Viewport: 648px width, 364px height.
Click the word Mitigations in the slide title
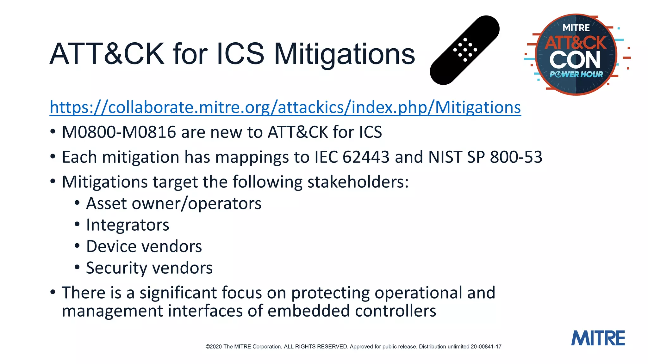point(344,54)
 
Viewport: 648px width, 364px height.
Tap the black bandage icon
point(464,50)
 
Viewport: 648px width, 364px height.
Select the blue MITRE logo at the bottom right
point(598,338)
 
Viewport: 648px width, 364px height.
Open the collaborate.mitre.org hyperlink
point(285,107)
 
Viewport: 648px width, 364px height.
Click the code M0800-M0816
point(119,132)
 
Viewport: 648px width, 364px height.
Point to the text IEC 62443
point(352,157)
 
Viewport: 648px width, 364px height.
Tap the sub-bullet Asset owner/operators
point(174,203)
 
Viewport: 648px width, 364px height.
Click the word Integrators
point(128,225)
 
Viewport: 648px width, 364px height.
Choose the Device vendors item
point(144,246)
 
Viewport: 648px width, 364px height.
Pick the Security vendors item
point(149,268)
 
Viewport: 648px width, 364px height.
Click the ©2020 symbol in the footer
point(214,347)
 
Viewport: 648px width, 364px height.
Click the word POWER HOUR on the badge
point(576,74)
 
